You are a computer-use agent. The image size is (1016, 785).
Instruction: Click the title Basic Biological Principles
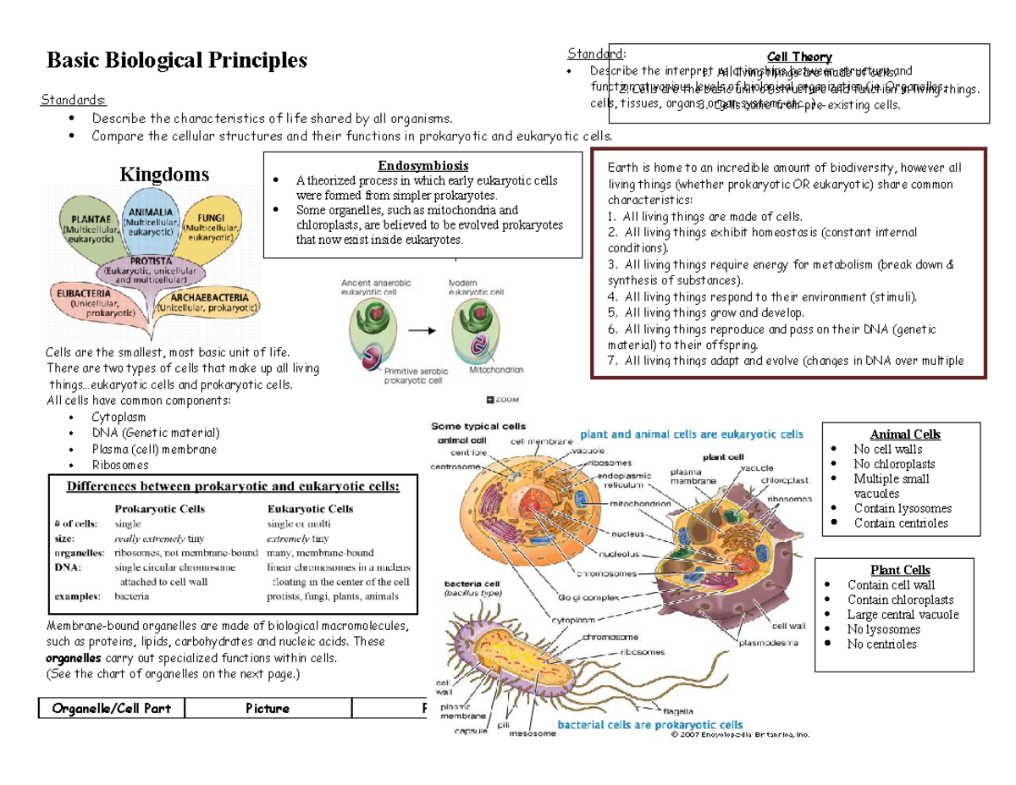point(177,60)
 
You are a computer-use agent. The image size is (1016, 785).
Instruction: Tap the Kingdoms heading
point(163,175)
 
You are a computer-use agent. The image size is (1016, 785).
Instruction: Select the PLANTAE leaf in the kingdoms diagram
point(88,224)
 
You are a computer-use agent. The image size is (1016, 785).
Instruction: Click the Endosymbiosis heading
point(423,166)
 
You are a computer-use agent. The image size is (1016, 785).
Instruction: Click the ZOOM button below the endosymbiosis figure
point(505,399)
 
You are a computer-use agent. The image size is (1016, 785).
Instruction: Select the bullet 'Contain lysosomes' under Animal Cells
point(903,508)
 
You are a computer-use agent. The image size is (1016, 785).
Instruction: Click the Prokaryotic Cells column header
point(159,509)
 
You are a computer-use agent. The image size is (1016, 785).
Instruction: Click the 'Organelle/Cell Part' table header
point(111,708)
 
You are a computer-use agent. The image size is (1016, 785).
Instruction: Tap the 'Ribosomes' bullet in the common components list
point(120,464)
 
